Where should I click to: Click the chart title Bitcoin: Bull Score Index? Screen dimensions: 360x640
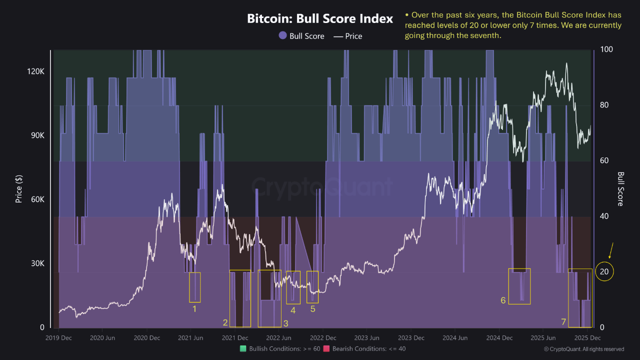pos(320,19)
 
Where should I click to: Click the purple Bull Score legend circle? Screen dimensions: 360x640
pos(283,35)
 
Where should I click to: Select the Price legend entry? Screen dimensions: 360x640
pos(347,36)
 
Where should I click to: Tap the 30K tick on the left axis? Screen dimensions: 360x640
pos(36,263)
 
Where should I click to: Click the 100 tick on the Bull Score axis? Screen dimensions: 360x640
pos(606,49)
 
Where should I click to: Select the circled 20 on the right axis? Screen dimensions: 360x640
pos(605,271)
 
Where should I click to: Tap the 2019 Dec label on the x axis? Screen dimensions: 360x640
pos(59,338)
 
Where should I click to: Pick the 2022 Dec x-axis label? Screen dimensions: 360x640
pos(323,338)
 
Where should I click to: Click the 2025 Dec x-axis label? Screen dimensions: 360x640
pos(587,338)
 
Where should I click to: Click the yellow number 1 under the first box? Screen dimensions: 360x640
pos(194,309)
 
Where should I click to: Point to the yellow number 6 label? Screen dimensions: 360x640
pos(503,300)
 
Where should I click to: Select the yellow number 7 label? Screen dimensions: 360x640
pos(563,322)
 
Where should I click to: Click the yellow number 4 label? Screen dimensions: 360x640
pos(293,310)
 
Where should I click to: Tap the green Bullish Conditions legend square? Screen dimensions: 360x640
pos(243,348)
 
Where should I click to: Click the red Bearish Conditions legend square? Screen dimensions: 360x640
pos(326,348)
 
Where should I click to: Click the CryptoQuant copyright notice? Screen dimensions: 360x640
pos(583,349)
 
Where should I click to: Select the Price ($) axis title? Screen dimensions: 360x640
pos(19,188)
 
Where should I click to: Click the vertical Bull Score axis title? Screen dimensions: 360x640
pos(620,188)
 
